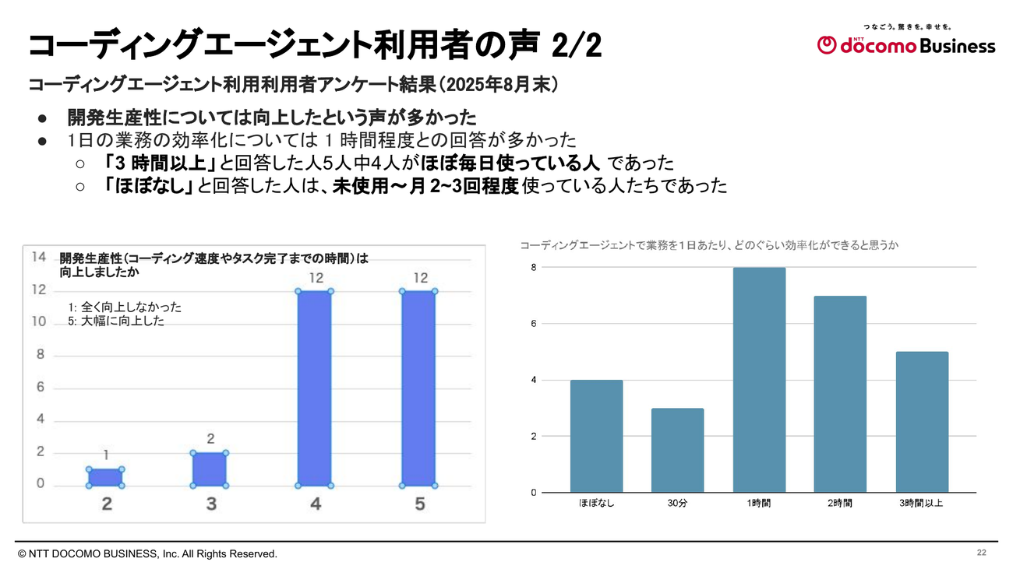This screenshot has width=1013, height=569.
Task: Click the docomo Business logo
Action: point(905,45)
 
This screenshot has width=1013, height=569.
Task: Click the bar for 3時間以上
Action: point(922,422)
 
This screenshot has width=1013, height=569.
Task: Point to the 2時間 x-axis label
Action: point(840,504)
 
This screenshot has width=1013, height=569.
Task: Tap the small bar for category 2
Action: point(106,477)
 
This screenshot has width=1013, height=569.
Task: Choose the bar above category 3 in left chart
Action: point(210,469)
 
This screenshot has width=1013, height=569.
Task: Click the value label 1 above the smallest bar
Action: point(105,455)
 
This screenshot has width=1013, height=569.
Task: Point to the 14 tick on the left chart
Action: point(38,257)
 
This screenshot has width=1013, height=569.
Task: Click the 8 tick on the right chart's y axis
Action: point(534,268)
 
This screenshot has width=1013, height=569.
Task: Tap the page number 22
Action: point(981,553)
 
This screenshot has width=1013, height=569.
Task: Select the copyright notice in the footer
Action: point(147,553)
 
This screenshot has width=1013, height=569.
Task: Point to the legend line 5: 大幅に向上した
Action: point(117,321)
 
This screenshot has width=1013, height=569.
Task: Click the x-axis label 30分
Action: point(677,504)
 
